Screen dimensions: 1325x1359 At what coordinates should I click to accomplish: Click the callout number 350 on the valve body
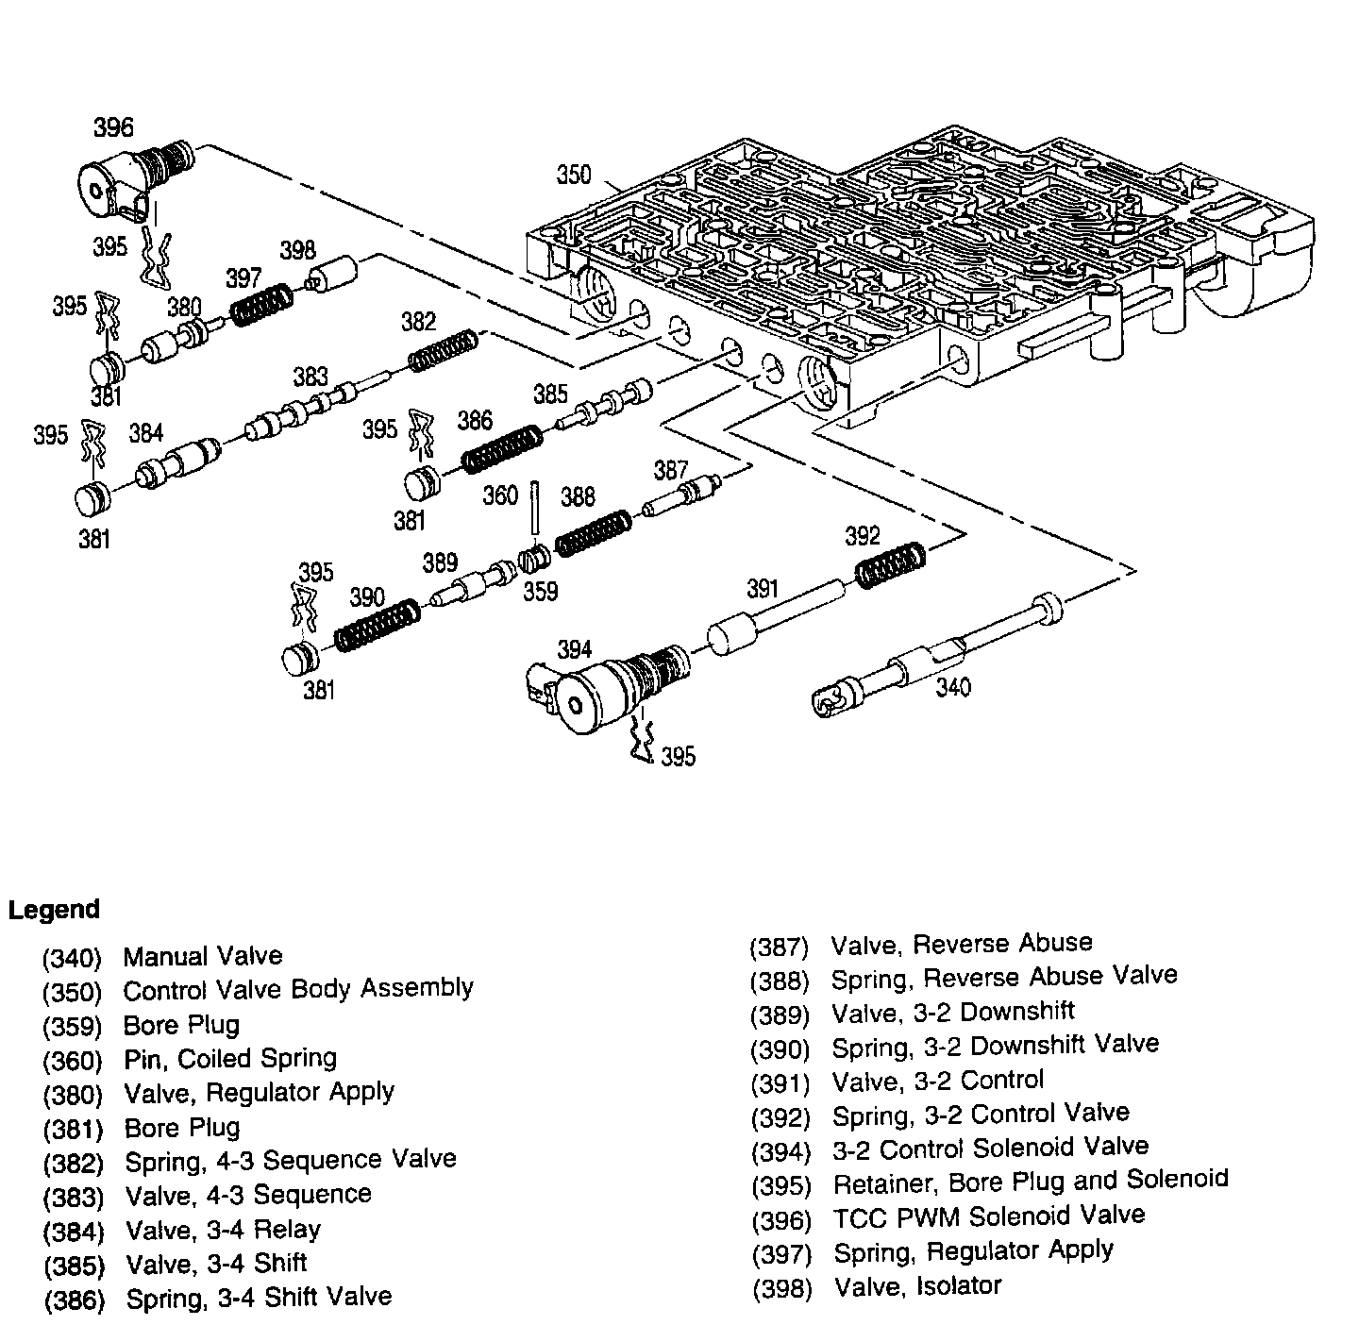[574, 175]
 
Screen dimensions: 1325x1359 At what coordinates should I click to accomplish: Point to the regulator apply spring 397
[261, 305]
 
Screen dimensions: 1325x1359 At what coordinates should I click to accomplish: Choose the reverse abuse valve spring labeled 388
[593, 532]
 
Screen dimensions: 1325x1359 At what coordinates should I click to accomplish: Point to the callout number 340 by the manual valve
[953, 686]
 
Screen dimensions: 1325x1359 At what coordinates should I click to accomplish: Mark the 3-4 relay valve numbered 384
[179, 461]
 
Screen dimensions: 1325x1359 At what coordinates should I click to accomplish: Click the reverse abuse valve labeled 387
[682, 496]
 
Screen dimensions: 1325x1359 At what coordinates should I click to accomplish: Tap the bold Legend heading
[54, 910]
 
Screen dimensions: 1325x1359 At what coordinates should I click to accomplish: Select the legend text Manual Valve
[203, 956]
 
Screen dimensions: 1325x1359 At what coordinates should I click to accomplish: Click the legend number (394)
[780, 1152]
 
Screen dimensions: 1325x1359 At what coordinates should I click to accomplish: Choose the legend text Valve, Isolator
[917, 1285]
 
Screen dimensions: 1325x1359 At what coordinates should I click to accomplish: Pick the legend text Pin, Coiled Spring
[230, 1058]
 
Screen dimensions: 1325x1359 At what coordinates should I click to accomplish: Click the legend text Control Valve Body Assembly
[298, 989]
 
